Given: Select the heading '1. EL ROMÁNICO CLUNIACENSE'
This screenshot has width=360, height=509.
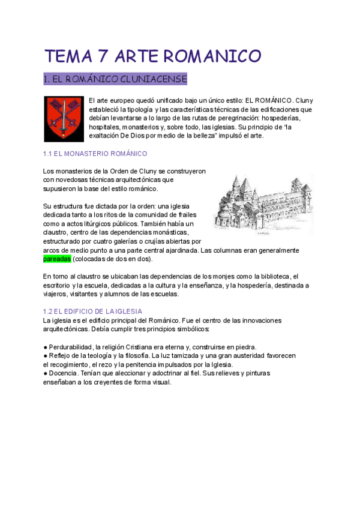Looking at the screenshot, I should point(115,79).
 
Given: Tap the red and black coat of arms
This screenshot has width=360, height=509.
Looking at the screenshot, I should point(60,118).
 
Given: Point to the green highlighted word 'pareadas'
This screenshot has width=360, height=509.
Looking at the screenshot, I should point(57,259).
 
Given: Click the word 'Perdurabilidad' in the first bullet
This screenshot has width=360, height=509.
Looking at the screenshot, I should point(73,347).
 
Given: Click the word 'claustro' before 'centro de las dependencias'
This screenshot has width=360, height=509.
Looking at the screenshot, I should point(55,232).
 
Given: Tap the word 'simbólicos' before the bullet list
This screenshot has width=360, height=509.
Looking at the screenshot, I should point(191,330).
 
